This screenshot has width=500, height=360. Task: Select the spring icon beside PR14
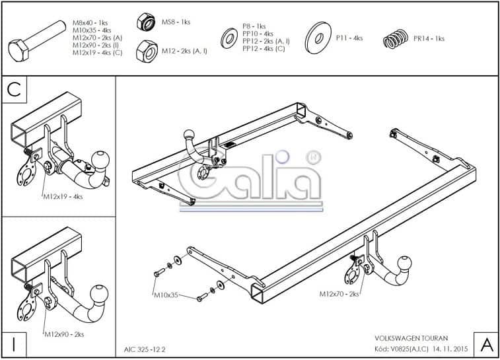[x=396, y=38]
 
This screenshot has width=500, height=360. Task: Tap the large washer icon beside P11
[x=318, y=38]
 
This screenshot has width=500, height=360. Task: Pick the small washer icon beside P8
[x=229, y=38]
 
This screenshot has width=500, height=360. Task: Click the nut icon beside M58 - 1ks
[x=146, y=22]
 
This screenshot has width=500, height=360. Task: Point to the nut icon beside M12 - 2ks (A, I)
[x=147, y=52]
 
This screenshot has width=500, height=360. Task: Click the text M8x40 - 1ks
[x=90, y=23]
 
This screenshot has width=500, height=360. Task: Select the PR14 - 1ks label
[x=429, y=38]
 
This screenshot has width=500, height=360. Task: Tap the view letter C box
[x=15, y=90]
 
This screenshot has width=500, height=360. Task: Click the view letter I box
[x=14, y=344]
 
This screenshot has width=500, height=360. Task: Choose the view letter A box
[x=486, y=345]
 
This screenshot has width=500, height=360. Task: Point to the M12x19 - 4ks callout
[x=63, y=197]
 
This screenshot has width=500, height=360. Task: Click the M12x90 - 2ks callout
[x=64, y=334]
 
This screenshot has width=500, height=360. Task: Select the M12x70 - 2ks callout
[x=339, y=294]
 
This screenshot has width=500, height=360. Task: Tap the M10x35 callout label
[x=166, y=295]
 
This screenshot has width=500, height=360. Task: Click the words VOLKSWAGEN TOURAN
[x=411, y=338]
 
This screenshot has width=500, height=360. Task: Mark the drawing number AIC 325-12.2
[x=145, y=349]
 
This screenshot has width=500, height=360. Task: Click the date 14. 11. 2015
[x=450, y=349]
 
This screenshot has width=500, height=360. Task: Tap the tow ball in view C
[x=100, y=159]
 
